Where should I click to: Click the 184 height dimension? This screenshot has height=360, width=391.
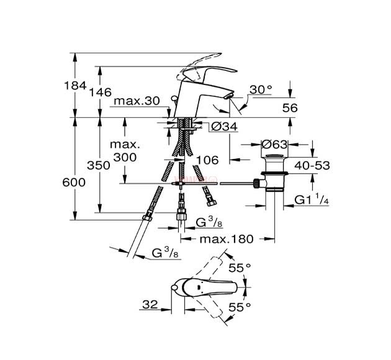tap(75, 85)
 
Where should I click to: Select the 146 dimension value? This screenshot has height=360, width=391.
tap(101, 92)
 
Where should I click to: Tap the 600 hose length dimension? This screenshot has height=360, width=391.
tap(74, 182)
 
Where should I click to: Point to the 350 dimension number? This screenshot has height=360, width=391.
tap(99, 165)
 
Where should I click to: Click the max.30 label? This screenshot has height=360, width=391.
tap(137, 101)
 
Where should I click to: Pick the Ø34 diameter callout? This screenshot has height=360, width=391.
tap(224, 127)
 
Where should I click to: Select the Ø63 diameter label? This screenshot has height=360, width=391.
tap(274, 144)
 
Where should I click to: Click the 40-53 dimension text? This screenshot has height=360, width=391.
tap(312, 165)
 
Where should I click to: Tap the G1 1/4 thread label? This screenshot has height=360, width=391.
tap(312, 199)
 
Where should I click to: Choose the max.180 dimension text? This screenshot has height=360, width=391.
tap(227, 239)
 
